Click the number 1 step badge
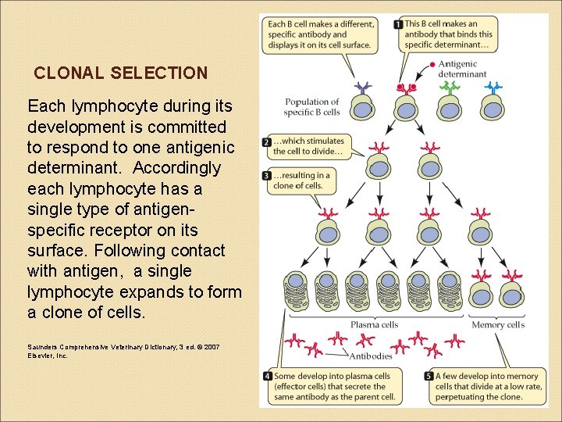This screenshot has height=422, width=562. [398, 24]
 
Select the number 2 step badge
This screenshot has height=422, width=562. [267, 142]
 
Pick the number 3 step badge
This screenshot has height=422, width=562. [267, 176]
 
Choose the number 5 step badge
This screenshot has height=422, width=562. [429, 377]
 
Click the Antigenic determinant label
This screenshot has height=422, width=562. [461, 69]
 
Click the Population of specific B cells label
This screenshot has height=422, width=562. [312, 107]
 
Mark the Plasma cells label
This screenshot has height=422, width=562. [375, 324]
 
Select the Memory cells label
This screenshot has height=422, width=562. [498, 324]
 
